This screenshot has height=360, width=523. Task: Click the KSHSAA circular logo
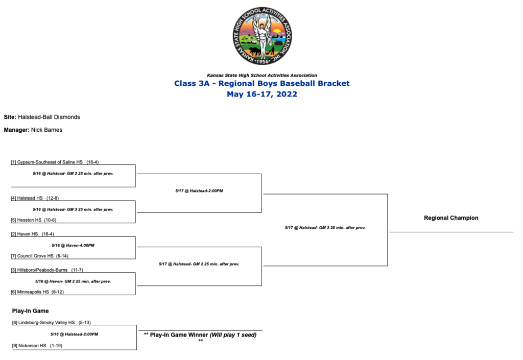tap(262, 36)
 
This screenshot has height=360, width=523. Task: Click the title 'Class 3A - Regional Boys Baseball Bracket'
tap(262, 83)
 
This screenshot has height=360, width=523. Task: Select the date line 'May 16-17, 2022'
tap(262, 94)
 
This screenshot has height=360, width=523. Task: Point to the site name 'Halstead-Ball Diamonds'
tap(49, 117)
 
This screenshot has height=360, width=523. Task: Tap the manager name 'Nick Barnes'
tap(46, 130)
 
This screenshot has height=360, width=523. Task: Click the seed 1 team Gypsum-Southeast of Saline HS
tap(55, 162)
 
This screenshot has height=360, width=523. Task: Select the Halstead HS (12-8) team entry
tap(35, 198)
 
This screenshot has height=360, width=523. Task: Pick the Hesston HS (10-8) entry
tap(34, 220)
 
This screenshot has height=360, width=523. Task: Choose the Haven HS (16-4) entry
tap(32, 234)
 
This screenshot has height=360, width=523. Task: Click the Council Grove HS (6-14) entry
tap(40, 256)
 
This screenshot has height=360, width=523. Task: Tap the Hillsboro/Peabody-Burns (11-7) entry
tap(47, 270)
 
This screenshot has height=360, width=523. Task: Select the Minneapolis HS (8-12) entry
tap(37, 292)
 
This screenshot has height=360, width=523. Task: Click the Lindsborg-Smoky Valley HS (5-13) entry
tap(52, 322)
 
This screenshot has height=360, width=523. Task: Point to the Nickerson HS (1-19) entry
tap(37, 346)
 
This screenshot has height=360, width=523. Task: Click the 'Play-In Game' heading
tap(30, 311)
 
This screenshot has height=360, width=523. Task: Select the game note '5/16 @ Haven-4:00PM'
tap(73, 245)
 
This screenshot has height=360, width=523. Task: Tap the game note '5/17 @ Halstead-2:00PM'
tap(199, 190)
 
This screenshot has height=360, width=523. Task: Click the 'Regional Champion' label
tap(451, 218)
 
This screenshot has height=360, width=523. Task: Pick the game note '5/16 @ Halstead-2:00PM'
tap(75, 334)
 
